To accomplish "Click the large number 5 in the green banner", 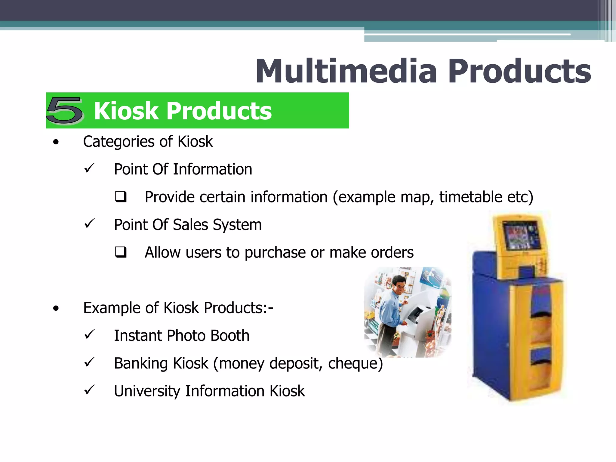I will (x=65, y=110).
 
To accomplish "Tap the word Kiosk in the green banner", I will (x=126, y=111).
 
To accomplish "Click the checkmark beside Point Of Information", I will (x=89, y=168).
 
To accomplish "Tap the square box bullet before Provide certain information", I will (x=121, y=197).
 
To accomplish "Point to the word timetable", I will (x=470, y=197).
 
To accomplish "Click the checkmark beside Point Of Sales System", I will (x=89, y=223).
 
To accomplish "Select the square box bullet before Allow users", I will (x=121, y=252).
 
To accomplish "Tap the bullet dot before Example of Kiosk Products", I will (x=56, y=308).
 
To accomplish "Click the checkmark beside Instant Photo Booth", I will (x=89, y=334).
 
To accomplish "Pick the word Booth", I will (x=230, y=335).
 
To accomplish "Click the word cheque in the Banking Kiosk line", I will (x=355, y=363).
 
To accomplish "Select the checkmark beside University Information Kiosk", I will (x=89, y=390).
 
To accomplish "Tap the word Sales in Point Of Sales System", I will (x=190, y=225).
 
